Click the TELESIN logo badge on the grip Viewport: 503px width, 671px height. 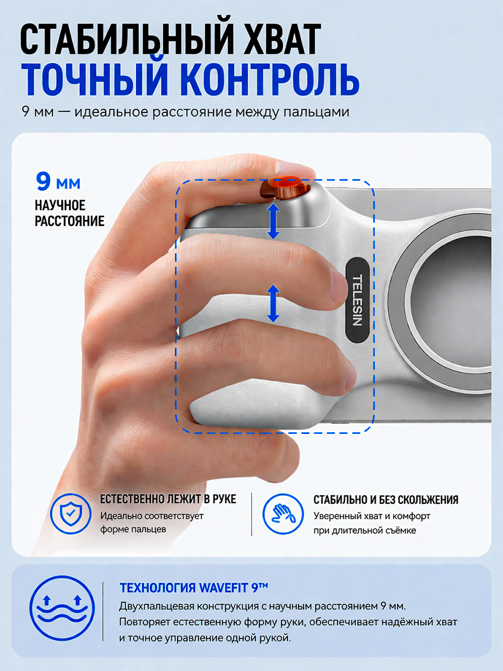point(357,300)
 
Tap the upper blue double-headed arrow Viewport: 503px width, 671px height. point(273,221)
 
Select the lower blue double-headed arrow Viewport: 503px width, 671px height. point(273,303)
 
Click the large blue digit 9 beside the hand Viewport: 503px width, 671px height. point(43,181)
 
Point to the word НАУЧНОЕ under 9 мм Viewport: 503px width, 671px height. point(60,205)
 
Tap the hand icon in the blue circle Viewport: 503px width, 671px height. point(283,514)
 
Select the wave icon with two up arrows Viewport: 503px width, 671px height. point(62,608)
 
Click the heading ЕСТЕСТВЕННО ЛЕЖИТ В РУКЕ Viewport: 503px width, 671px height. point(168,499)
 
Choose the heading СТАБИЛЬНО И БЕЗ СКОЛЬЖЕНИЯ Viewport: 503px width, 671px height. point(386,500)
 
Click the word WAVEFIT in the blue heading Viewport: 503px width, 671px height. point(224,588)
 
